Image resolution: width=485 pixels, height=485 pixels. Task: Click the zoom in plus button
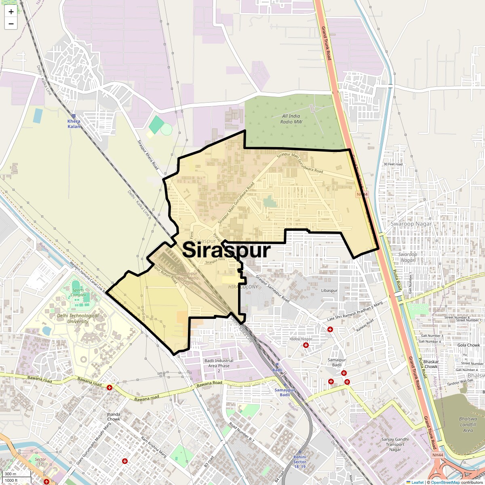point(11,12)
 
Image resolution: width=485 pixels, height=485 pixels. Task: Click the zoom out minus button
point(11,24)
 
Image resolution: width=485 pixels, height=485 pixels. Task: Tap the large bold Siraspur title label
point(226,250)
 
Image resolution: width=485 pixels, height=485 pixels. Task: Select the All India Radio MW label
point(291,119)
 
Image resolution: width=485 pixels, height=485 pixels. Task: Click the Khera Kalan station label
point(74,124)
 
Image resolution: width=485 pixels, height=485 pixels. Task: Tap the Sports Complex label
point(78,292)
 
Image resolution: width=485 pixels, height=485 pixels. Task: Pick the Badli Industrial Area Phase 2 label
point(219,366)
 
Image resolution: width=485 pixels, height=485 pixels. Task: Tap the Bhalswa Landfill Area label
point(468,424)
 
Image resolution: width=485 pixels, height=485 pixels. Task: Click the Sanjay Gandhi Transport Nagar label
point(395,445)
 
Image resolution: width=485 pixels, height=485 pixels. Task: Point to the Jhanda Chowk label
point(113,417)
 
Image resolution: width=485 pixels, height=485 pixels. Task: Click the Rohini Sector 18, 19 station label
point(300,462)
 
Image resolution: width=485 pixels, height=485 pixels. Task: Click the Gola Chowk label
point(468,345)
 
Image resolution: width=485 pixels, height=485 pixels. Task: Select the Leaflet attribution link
point(418,482)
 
